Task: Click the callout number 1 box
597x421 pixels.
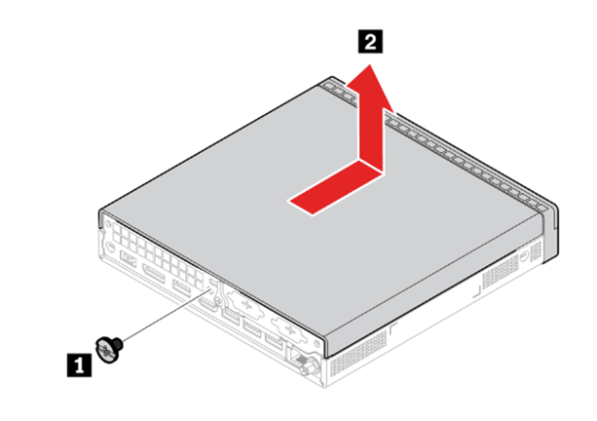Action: coord(79,365)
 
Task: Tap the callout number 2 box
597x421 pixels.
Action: coord(370,41)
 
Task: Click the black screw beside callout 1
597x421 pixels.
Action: coord(110,349)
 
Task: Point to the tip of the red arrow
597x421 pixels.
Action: coord(370,64)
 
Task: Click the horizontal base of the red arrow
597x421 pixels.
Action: coord(335,188)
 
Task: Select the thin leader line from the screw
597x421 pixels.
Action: coord(167,316)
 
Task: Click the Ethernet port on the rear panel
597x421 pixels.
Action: coord(299,359)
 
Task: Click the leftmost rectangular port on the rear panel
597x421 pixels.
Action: coord(129,260)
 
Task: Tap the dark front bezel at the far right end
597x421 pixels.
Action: coord(550,232)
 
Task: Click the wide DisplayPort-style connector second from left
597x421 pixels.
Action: coord(154,274)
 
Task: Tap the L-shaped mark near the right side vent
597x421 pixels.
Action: coord(477,292)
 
